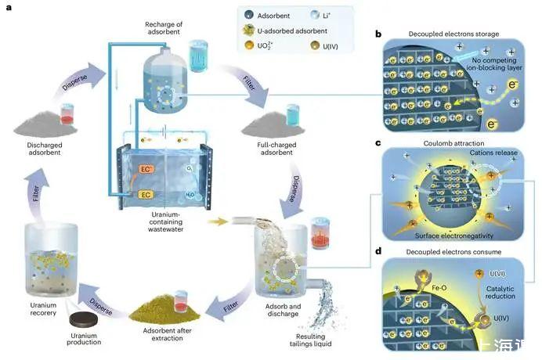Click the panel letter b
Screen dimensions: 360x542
click(378, 34)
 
